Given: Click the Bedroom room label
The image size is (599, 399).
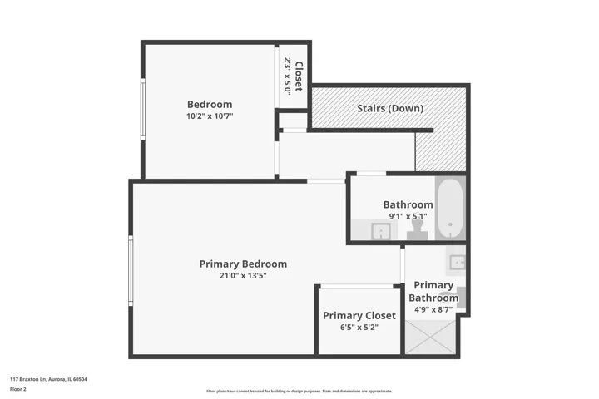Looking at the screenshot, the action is click(210, 104).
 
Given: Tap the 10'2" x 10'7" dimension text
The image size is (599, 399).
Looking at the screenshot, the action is click(210, 116).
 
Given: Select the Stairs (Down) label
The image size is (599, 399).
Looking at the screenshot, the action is click(390, 108).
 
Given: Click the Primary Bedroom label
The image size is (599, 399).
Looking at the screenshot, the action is click(243, 264).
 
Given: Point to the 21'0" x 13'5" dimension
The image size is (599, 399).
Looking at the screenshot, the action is click(243, 275).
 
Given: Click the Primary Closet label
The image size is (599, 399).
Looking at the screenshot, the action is click(359, 315).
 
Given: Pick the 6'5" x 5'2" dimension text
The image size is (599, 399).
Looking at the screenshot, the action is click(359, 328).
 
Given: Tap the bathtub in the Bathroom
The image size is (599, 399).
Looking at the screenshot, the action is click(450, 208).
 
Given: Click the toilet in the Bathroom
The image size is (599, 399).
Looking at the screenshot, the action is click(417, 229).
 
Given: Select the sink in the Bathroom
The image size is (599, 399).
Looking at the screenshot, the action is click(381, 231).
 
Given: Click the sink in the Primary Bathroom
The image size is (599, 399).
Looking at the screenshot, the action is click(457, 263).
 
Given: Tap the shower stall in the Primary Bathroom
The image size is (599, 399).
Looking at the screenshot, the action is click(430, 337).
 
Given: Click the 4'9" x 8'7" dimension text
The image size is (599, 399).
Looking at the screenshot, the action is click(433, 310).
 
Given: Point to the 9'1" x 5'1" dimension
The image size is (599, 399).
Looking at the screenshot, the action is click(408, 216).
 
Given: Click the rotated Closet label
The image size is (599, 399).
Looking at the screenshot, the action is click(299, 76).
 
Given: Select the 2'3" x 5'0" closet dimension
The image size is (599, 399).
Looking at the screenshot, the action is click(288, 76).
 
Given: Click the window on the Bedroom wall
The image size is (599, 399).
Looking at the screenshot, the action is click(143, 110).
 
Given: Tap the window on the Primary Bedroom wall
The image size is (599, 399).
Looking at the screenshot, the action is click(131, 271).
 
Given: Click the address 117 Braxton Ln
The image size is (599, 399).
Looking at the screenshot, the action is click(28, 379).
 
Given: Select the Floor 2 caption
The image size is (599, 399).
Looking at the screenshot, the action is click(18, 389).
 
